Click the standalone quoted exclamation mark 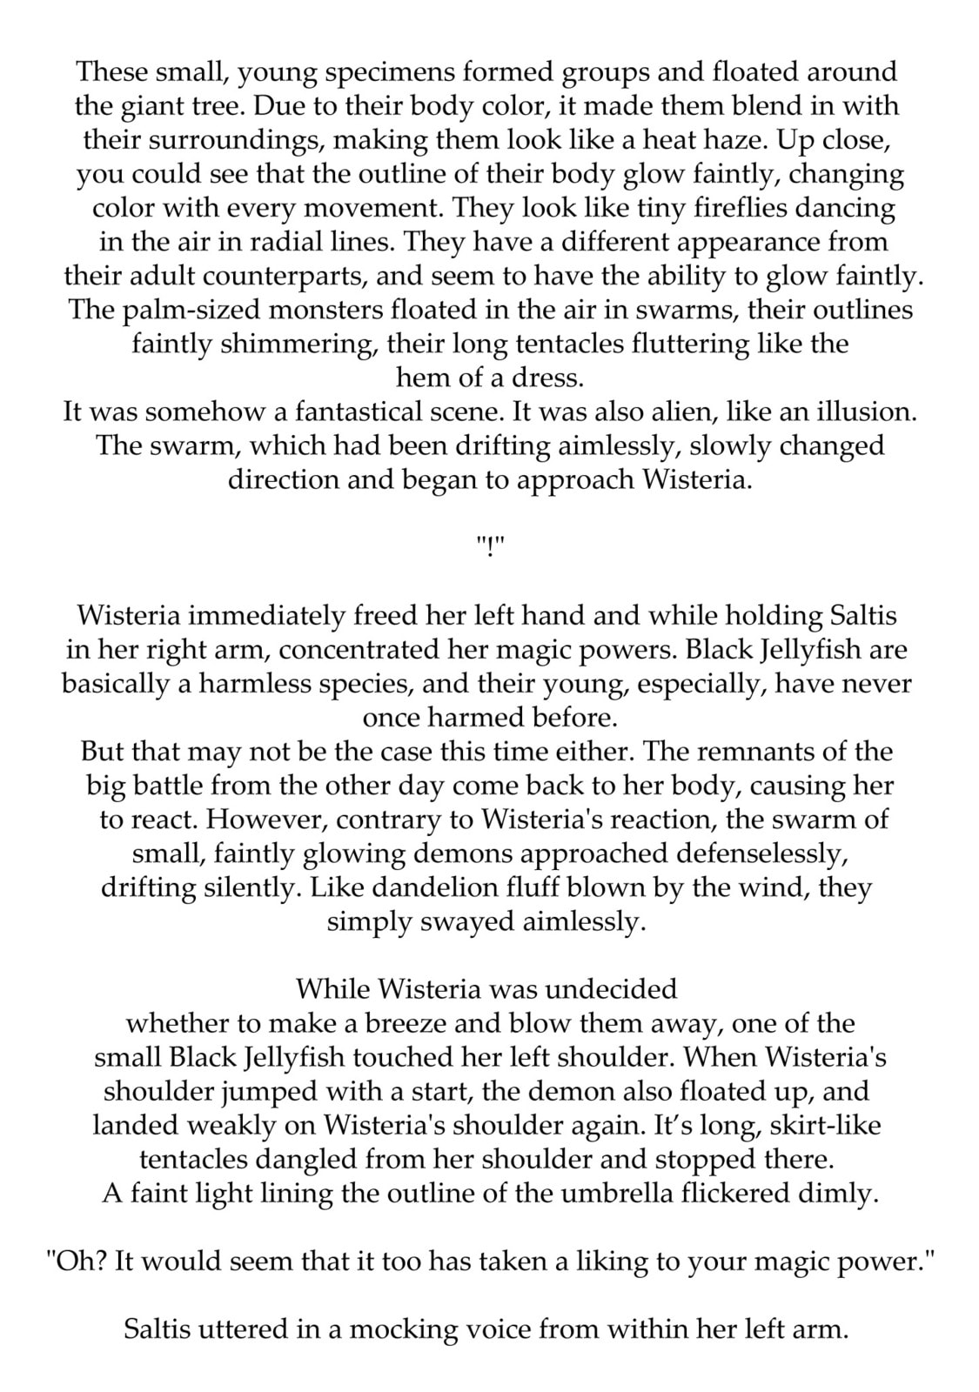490,547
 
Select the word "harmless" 258,684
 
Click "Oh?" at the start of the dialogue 77,1261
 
